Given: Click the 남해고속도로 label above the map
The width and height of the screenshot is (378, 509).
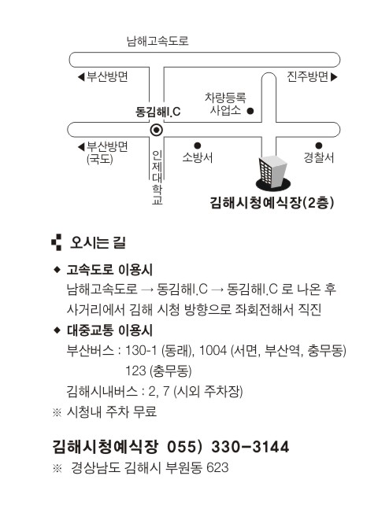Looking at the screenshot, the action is coord(157,41).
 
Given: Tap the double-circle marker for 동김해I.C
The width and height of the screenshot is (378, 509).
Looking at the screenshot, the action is coord(157,130).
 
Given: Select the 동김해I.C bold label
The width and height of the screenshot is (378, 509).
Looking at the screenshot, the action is coord(157,112).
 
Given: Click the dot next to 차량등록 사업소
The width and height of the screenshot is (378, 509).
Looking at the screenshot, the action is coord(250,111).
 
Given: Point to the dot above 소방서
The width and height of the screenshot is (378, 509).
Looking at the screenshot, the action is coord(198,146).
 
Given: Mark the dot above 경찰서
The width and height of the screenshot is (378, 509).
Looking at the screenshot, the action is coord(319,146).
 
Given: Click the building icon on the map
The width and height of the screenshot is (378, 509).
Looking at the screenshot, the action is coord(273,173).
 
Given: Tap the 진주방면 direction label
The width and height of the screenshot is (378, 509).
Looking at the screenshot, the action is coord(307,76).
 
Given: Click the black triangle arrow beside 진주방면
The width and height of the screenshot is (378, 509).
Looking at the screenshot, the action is coord(334,77).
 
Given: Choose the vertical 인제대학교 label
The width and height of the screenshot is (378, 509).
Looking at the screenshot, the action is coord(157,177).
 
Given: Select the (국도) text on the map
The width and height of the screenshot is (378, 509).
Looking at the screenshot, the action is coord(99,160).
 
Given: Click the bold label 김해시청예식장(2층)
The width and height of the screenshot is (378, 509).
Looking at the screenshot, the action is coord(272,202).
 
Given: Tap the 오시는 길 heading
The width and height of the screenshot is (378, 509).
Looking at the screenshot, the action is coord(98,242).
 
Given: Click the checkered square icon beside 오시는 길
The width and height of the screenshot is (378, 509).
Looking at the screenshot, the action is coord(57,242).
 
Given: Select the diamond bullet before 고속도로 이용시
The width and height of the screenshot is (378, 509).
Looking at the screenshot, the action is coord(57,269).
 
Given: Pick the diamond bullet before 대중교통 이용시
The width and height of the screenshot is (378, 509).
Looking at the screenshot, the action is coord(57,330).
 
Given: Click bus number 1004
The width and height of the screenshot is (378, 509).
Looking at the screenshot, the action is coord(213,351).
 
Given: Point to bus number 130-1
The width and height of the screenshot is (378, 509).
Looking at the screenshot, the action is coord(141,351).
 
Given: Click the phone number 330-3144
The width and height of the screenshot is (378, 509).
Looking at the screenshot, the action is coord(250,447).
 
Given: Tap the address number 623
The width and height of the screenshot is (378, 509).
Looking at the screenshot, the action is coord(217,468).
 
